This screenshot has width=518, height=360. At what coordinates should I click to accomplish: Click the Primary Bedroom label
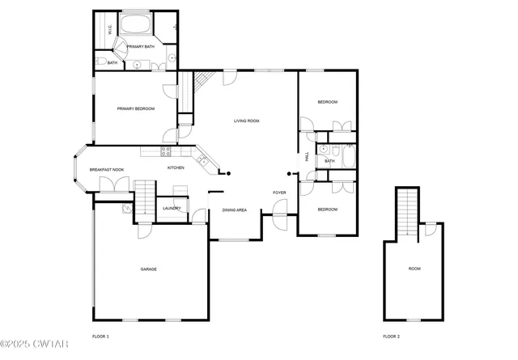pos(135,108)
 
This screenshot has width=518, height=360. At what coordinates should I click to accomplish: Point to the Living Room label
pos(246,121)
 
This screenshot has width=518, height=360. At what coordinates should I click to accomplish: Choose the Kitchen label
pos(176,167)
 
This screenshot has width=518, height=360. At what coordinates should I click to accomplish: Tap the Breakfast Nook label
pos(107,169)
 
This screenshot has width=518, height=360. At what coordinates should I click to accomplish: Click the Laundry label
pos(171,208)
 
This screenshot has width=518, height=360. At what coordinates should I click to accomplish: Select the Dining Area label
pos(234,211)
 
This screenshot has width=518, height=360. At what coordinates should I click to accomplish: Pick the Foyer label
pos(279,192)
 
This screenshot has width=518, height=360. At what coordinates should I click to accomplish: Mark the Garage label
pos(148,269)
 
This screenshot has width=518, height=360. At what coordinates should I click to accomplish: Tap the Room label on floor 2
pos(414,269)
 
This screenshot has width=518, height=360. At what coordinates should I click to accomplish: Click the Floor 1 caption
pos(101,336)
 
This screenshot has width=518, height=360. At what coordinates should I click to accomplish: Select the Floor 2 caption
pos(392,336)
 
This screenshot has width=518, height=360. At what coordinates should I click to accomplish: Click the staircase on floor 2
pos(407,213)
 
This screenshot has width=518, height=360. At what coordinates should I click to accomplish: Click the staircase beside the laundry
pos(143,199)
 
